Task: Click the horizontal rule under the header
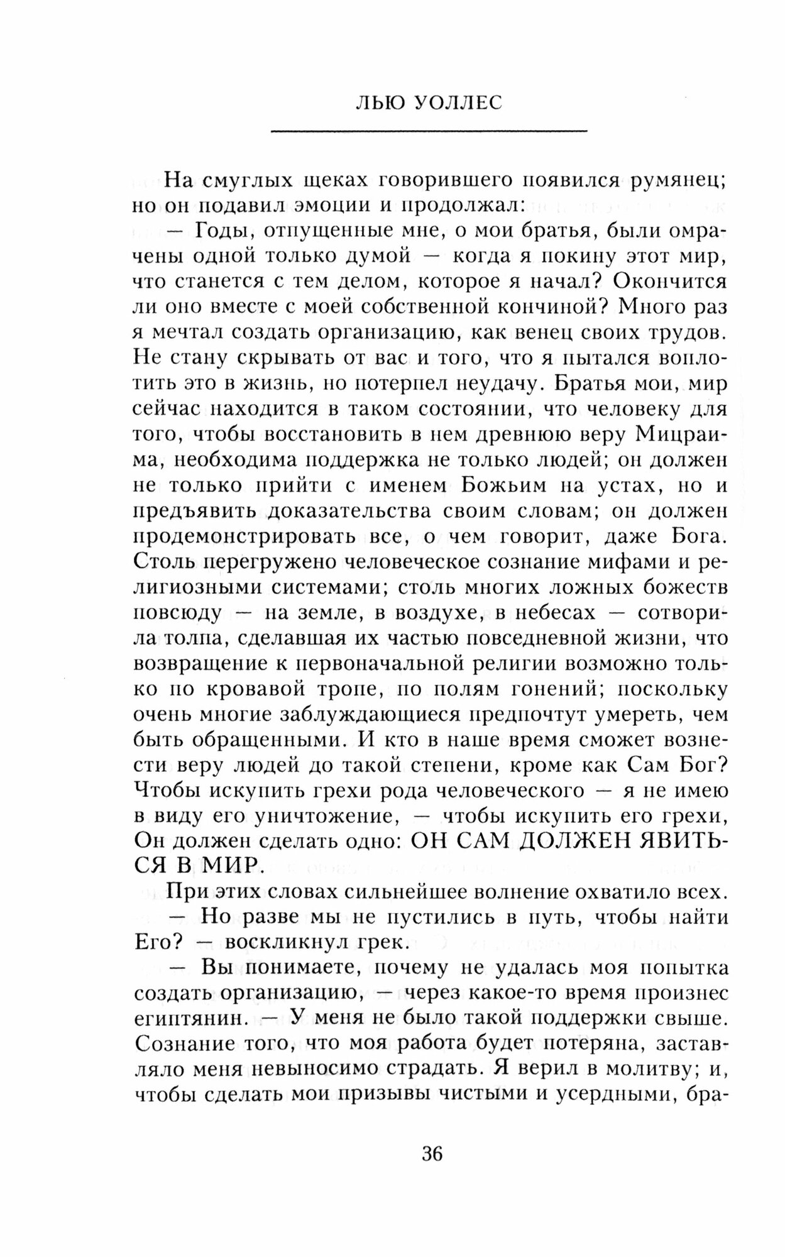[428, 131]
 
